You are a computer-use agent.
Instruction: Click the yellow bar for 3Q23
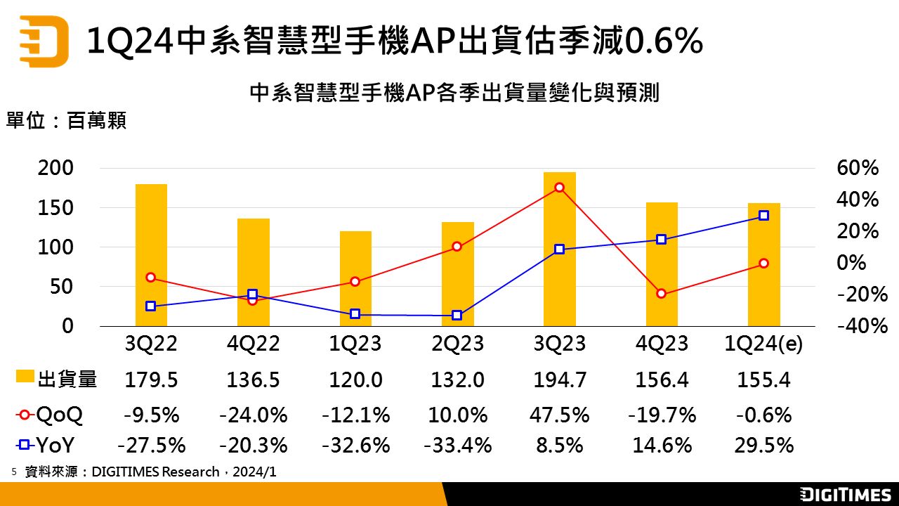click(x=559, y=249)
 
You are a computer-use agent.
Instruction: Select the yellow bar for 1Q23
click(x=355, y=279)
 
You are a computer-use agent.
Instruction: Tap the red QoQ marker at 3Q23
click(x=559, y=188)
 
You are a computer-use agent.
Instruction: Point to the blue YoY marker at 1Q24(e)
click(x=763, y=216)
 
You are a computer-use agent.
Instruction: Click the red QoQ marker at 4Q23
click(x=661, y=294)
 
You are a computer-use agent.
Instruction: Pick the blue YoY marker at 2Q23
click(x=457, y=316)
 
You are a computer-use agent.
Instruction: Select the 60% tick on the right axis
click(x=858, y=169)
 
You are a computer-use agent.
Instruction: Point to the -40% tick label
click(x=858, y=326)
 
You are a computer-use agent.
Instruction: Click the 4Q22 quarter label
click(x=253, y=344)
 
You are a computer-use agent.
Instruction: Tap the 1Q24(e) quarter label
click(x=763, y=344)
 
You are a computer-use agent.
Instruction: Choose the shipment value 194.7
click(x=559, y=380)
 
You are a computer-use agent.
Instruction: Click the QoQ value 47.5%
click(x=559, y=415)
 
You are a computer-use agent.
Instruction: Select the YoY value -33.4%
click(x=457, y=446)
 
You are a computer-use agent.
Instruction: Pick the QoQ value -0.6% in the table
click(x=763, y=415)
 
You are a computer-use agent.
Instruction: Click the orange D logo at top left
click(x=44, y=40)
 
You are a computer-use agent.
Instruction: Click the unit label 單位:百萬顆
click(x=67, y=121)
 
